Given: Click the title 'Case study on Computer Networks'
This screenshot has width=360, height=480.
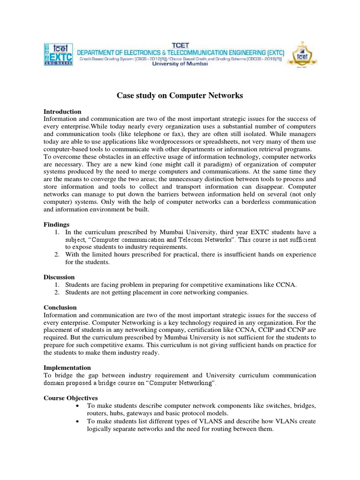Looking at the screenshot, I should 180,96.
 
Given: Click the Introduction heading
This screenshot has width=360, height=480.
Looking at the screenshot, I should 62,112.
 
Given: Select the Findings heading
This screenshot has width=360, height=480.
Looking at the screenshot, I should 56,225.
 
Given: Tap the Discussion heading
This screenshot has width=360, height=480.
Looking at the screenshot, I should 59,277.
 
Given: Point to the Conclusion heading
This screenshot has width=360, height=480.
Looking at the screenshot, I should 60,307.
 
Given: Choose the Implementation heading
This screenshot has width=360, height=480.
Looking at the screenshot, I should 67,368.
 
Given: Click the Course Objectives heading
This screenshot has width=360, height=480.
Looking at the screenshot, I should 70,398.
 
